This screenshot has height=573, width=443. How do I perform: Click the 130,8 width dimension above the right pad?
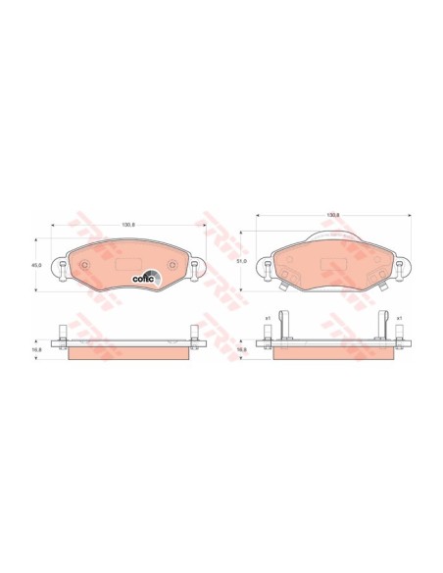coord(332,215)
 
